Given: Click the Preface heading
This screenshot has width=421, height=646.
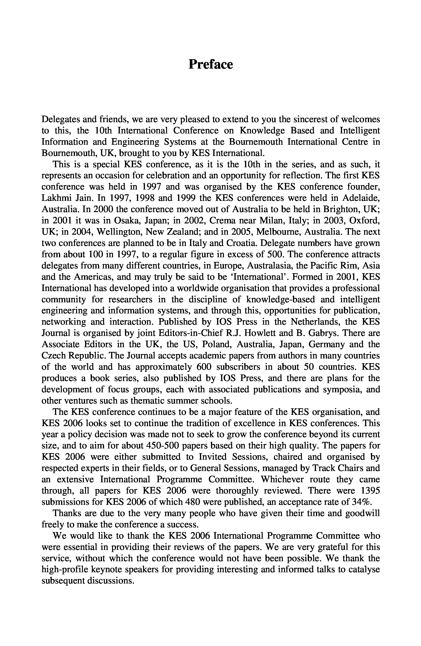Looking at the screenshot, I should coord(211,65).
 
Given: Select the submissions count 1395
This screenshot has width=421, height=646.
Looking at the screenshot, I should coord(370,491).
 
